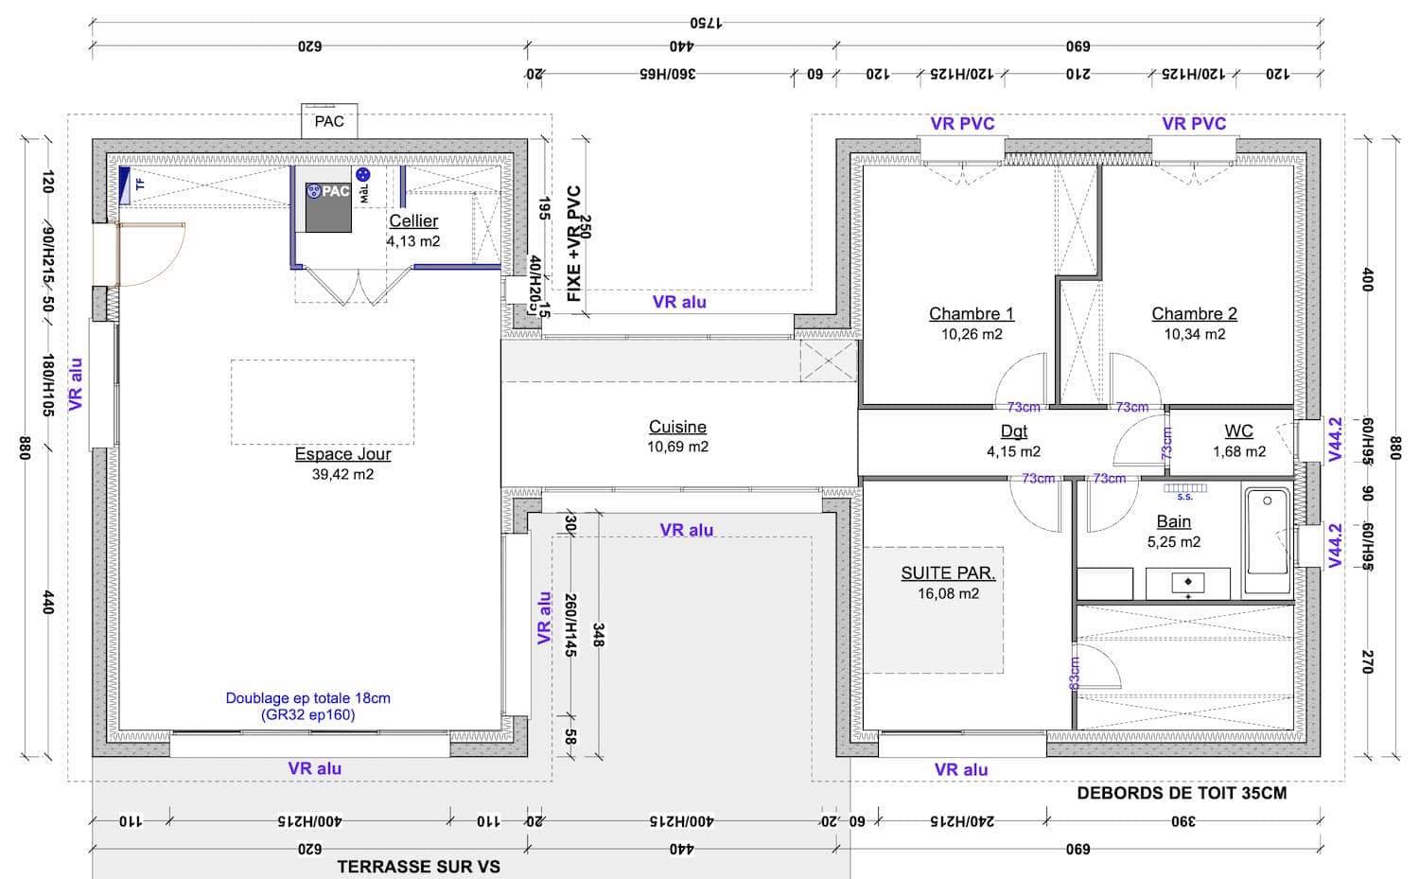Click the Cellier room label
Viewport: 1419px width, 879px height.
(413, 220)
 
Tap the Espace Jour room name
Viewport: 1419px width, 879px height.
(342, 454)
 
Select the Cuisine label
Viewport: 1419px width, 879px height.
(677, 427)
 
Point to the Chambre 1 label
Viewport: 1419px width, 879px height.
(971, 313)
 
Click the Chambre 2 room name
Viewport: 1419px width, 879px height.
(1194, 313)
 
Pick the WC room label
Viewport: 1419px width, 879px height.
(1238, 431)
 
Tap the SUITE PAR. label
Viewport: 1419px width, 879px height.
(948, 572)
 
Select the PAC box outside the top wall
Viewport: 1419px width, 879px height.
(329, 121)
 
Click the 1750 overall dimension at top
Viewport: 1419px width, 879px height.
(706, 22)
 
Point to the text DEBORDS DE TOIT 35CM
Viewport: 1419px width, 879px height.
(1182, 793)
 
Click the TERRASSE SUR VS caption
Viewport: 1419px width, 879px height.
(418, 866)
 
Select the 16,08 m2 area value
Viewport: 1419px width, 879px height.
(948, 593)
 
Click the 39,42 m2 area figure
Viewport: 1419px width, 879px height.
(342, 474)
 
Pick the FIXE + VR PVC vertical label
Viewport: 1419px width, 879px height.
(573, 243)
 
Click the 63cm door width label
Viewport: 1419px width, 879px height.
(1075, 673)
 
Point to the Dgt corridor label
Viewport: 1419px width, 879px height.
(1013, 431)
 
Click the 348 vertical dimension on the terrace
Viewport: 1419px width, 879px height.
(598, 635)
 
